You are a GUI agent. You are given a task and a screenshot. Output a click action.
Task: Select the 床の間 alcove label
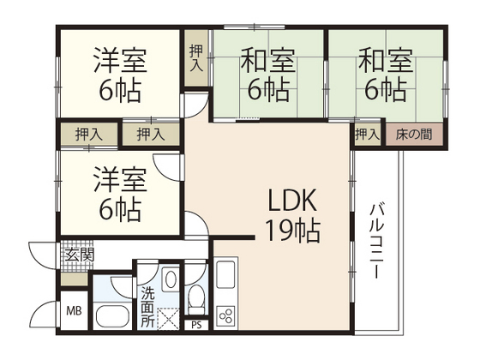(413, 134)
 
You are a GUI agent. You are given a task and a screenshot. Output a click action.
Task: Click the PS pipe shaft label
(197, 324)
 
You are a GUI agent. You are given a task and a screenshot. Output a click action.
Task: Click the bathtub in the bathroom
(111, 316)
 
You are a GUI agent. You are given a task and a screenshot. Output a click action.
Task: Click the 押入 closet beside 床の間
(367, 134)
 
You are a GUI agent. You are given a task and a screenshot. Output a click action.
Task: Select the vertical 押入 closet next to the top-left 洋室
(196, 57)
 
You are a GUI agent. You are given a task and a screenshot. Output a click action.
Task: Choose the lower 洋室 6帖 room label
(121, 193)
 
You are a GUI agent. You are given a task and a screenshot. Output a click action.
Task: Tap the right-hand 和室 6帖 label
(386, 75)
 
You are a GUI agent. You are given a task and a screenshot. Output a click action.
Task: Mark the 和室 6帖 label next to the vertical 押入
(268, 75)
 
